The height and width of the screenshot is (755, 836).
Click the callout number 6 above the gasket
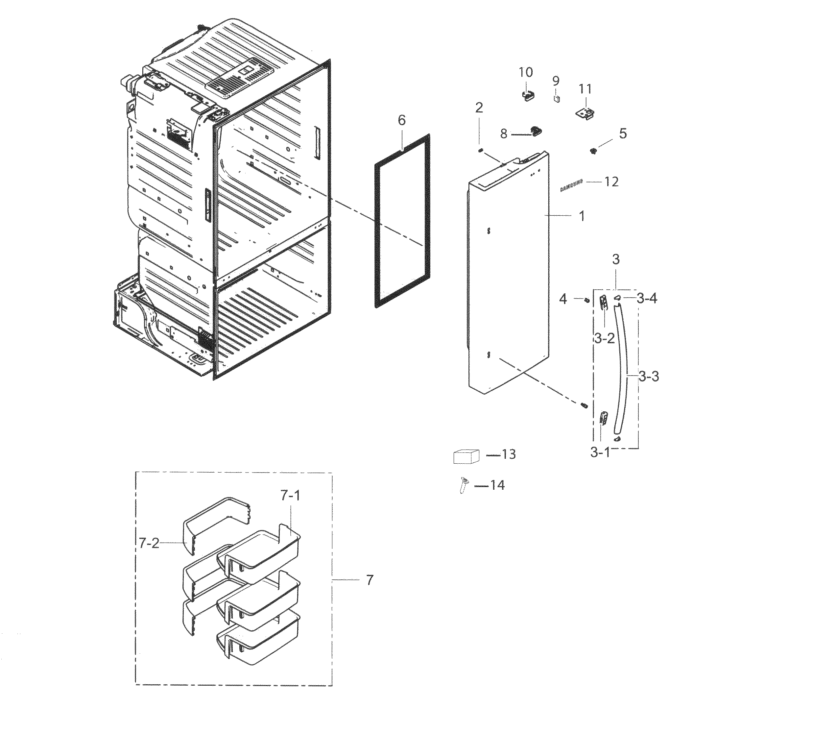pos(402,121)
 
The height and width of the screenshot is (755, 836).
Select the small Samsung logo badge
pos(571,186)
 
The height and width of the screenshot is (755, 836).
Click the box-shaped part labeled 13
pos(466,456)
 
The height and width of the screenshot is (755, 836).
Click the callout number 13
pos(509,455)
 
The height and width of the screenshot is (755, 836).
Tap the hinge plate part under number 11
pos(586,113)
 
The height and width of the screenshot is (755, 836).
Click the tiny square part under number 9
pos(557,99)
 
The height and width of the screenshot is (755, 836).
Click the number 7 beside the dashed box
pos(370,580)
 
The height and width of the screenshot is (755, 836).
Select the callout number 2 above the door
pos(479,108)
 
